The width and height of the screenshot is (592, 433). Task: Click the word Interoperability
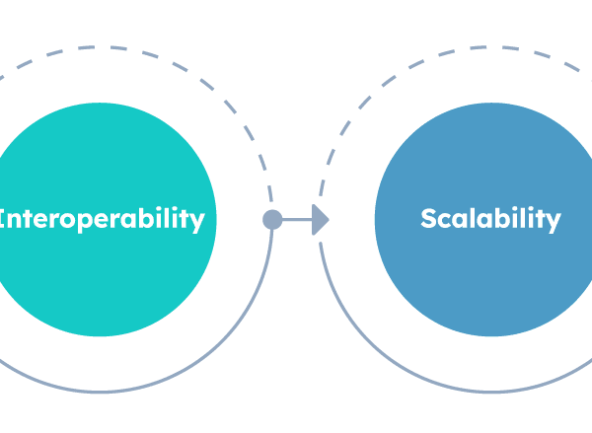pos(104,218)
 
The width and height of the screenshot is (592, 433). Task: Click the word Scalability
pos(490,218)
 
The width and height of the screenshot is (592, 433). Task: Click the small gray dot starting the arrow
pos(272,220)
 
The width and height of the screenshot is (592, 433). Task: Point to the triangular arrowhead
pos(320,220)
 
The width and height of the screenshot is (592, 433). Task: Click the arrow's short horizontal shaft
pos(296,220)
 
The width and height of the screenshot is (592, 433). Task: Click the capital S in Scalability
pos(428,218)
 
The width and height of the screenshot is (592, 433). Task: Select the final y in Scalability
pos(553,221)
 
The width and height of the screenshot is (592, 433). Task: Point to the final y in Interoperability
pos(197,221)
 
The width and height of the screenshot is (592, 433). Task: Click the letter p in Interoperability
pos(94,221)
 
